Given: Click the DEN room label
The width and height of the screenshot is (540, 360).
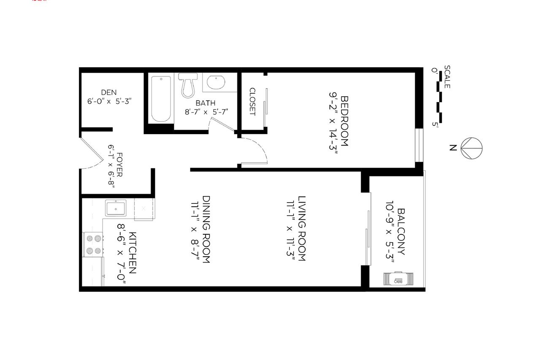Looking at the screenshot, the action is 109,92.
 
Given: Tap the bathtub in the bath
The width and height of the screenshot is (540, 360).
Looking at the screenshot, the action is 161,99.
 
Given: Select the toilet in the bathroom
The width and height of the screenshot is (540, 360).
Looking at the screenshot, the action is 188,85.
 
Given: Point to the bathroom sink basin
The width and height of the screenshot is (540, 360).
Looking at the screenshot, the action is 216,82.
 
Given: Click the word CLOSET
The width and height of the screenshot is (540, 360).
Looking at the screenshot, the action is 252,102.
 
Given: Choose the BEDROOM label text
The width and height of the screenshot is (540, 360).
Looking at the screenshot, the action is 344,121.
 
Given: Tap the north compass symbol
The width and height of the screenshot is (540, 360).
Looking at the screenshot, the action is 472,148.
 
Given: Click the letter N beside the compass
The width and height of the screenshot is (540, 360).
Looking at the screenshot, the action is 453,148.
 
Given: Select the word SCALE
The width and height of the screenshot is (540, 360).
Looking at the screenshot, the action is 447,77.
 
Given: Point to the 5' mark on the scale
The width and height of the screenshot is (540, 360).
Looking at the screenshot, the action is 435,124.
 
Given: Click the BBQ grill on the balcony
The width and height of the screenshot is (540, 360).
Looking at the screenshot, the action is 398,279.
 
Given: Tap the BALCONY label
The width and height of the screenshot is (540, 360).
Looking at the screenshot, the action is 401,232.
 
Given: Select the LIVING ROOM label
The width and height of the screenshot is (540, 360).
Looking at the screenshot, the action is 302,228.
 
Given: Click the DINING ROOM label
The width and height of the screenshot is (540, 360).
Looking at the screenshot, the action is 206,229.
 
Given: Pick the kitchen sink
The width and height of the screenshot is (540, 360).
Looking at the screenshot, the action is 116,208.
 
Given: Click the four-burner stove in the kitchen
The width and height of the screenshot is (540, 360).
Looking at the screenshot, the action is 94,245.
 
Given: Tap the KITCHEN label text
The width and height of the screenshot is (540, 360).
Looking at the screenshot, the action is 132,253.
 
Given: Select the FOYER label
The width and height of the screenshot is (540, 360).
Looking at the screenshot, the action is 119,165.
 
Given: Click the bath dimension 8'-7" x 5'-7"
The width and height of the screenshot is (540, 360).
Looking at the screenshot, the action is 206,112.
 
